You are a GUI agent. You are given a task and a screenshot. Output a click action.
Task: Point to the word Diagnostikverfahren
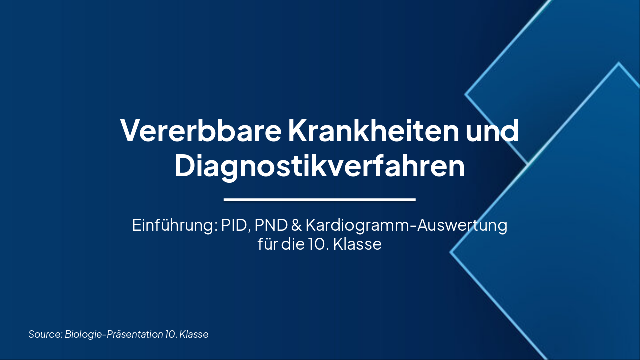[x=319, y=166]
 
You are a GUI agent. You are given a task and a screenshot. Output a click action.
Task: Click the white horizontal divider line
[x=319, y=200]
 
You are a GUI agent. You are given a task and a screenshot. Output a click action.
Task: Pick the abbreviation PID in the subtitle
[x=235, y=225]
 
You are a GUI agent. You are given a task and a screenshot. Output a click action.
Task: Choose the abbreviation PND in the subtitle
[x=270, y=225]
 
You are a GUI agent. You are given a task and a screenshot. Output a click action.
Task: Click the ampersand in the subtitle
[x=296, y=225]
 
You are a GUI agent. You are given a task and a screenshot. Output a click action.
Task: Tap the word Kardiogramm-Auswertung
[x=406, y=225]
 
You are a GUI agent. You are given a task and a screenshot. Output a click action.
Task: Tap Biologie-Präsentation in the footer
[x=114, y=334]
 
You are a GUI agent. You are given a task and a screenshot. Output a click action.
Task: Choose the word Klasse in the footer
[x=194, y=334]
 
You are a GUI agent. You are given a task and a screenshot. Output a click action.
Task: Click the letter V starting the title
[x=129, y=130]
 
